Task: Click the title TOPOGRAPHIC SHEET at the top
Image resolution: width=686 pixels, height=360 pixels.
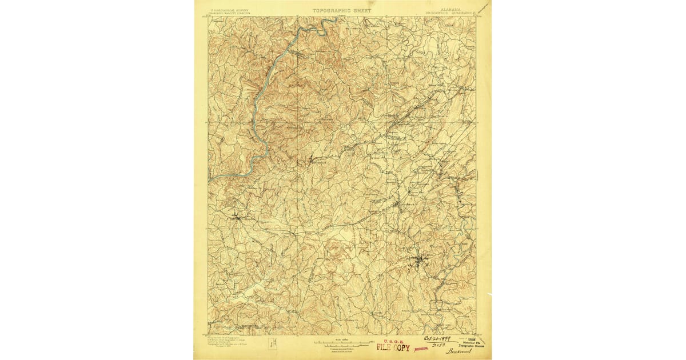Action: click(342, 10)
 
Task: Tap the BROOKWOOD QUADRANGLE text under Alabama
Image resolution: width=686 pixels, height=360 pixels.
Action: click(451, 14)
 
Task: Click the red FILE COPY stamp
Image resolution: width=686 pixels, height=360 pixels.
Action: click(393, 347)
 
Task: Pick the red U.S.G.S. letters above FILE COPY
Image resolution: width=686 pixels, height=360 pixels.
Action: click(393, 341)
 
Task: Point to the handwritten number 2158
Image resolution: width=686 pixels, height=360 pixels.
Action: click(438, 346)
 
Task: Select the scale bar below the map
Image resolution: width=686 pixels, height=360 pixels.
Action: click(342, 343)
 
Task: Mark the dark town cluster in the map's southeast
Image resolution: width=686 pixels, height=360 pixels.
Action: click(421, 262)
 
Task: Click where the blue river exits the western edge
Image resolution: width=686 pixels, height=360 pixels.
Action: click(210, 180)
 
